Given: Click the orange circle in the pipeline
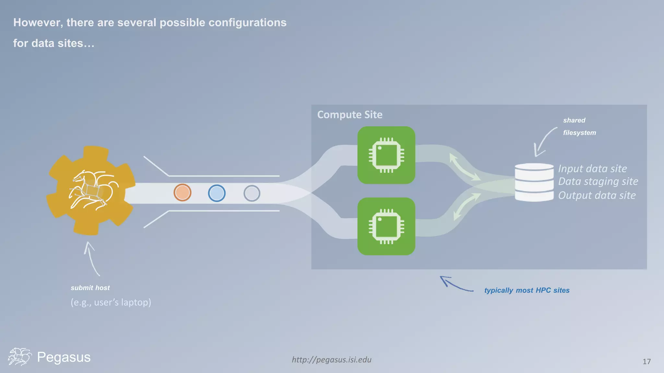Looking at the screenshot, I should click(x=182, y=193).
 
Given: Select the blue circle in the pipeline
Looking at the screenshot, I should click(x=217, y=193).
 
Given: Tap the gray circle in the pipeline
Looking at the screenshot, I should click(x=252, y=194).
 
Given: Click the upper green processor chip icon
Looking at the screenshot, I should click(x=386, y=155).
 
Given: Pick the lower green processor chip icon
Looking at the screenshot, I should click(x=386, y=226).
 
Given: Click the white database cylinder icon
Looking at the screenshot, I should click(x=534, y=182).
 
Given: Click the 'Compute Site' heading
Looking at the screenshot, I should click(x=350, y=115).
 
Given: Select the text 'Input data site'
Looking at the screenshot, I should click(x=592, y=169).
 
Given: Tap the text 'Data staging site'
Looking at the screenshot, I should click(x=598, y=181).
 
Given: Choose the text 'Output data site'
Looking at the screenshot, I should click(x=597, y=195).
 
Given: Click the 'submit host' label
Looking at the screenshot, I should click(x=90, y=288).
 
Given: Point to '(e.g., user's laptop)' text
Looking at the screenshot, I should click(x=111, y=302).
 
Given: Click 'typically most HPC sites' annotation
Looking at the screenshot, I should click(x=527, y=290).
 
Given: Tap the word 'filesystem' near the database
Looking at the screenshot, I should click(x=579, y=133).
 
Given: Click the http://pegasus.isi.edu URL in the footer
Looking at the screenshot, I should click(x=331, y=360).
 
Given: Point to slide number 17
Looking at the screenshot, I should click(x=646, y=362).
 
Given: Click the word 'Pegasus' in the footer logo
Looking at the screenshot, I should click(x=64, y=357).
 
